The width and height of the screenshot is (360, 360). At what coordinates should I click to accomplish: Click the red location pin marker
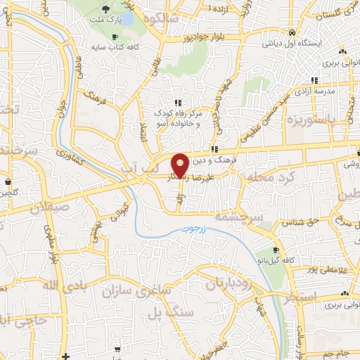(x=180, y=165)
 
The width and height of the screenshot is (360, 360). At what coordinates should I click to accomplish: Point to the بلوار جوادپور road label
(x=204, y=38)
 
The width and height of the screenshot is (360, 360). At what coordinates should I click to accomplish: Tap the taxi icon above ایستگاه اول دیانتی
(x=291, y=32)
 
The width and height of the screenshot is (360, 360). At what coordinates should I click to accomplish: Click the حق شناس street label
(x=298, y=221)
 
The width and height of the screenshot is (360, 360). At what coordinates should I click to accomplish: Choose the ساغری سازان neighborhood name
(x=133, y=290)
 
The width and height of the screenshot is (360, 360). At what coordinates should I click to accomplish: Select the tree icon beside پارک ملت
(x=105, y=9)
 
